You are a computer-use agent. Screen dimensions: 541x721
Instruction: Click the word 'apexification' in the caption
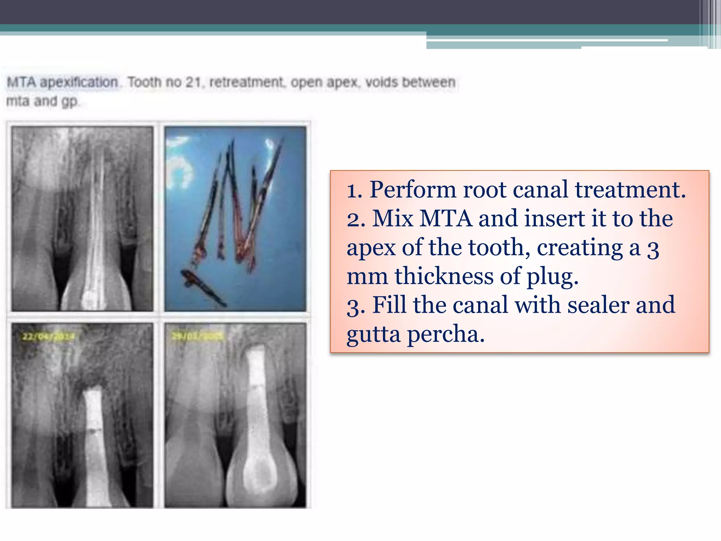tap(79, 82)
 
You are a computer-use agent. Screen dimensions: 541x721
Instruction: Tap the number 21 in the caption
tap(193, 82)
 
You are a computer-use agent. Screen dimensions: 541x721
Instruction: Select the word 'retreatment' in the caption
tap(246, 82)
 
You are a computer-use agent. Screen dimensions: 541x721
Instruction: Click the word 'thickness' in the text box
tap(444, 276)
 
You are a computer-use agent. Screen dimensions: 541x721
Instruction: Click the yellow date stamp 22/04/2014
tap(48, 337)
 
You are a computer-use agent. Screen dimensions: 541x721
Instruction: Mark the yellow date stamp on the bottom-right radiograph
tap(197, 336)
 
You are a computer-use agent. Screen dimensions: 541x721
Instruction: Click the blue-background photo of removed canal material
tap(235, 219)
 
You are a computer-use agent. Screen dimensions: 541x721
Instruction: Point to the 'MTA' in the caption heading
tap(21, 82)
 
